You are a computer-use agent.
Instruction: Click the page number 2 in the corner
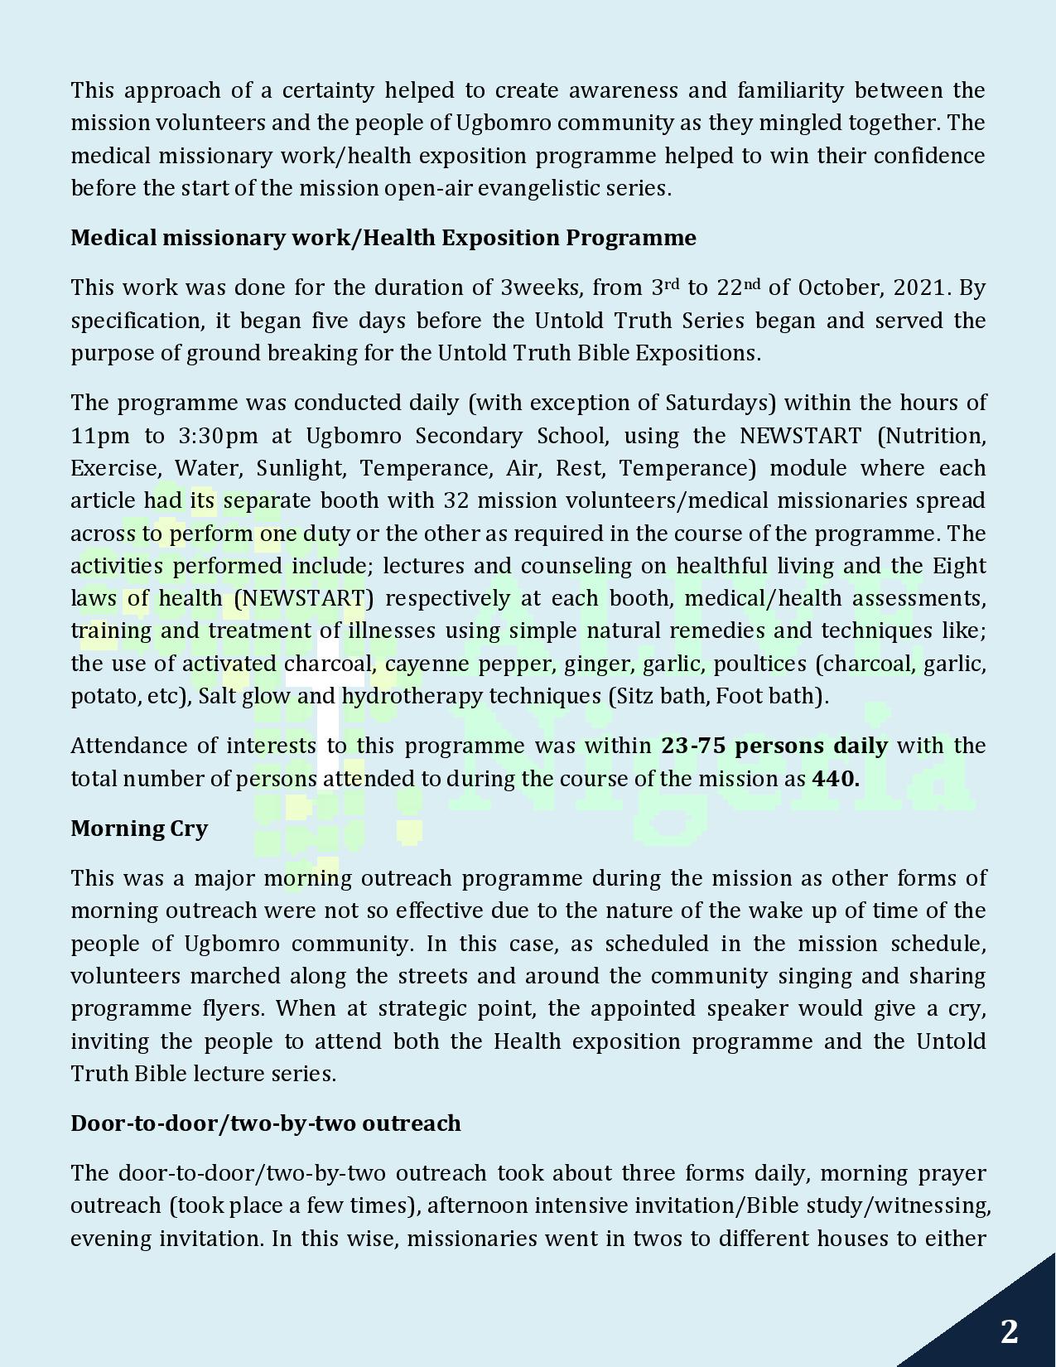1009,1331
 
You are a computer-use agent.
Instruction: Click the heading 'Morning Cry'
139,828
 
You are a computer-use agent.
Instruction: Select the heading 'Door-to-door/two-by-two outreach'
265,1123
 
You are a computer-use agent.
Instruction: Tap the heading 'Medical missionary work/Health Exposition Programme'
383,238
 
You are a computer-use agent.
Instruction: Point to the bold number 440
835,779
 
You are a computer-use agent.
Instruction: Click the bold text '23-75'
693,746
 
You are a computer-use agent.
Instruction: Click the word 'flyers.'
236,1008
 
